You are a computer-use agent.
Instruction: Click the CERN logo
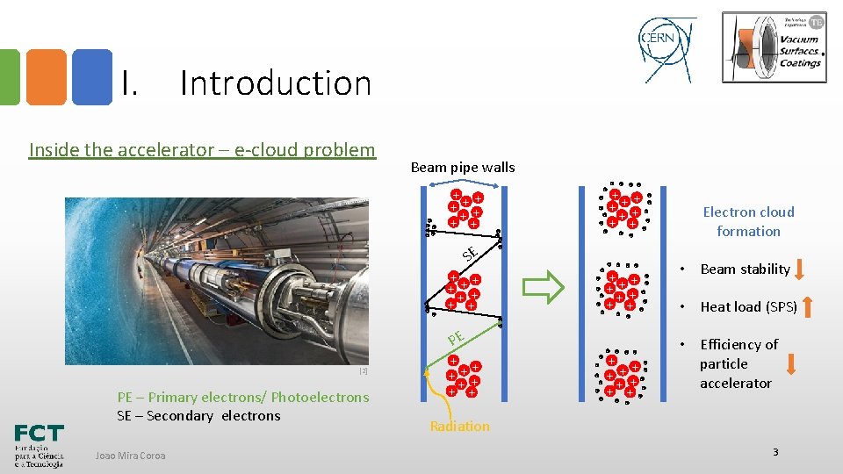click(x=666, y=46)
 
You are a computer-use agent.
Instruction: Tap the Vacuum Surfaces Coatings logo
click(x=774, y=47)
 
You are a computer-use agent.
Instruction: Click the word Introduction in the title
click(x=276, y=83)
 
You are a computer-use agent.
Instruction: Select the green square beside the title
click(x=9, y=77)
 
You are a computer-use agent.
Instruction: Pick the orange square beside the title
click(x=46, y=77)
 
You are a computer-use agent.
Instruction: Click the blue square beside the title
click(x=91, y=77)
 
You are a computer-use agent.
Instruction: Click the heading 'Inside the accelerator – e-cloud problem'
click(x=202, y=149)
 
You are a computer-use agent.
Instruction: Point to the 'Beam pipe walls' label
click(x=463, y=167)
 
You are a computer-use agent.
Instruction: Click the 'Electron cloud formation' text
click(x=748, y=221)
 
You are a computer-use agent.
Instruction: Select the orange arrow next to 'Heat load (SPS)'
click(x=807, y=306)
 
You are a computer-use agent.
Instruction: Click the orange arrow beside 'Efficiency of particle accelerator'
click(x=791, y=363)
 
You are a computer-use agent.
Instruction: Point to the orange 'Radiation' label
click(x=459, y=427)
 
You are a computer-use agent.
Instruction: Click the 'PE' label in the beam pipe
click(x=455, y=337)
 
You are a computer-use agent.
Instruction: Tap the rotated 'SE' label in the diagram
click(x=470, y=253)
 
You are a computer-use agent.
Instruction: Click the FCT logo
click(x=39, y=446)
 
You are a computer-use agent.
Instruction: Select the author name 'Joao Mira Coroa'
click(x=130, y=455)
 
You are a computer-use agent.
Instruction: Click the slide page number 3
click(x=775, y=451)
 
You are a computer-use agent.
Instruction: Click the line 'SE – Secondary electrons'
click(x=198, y=415)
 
